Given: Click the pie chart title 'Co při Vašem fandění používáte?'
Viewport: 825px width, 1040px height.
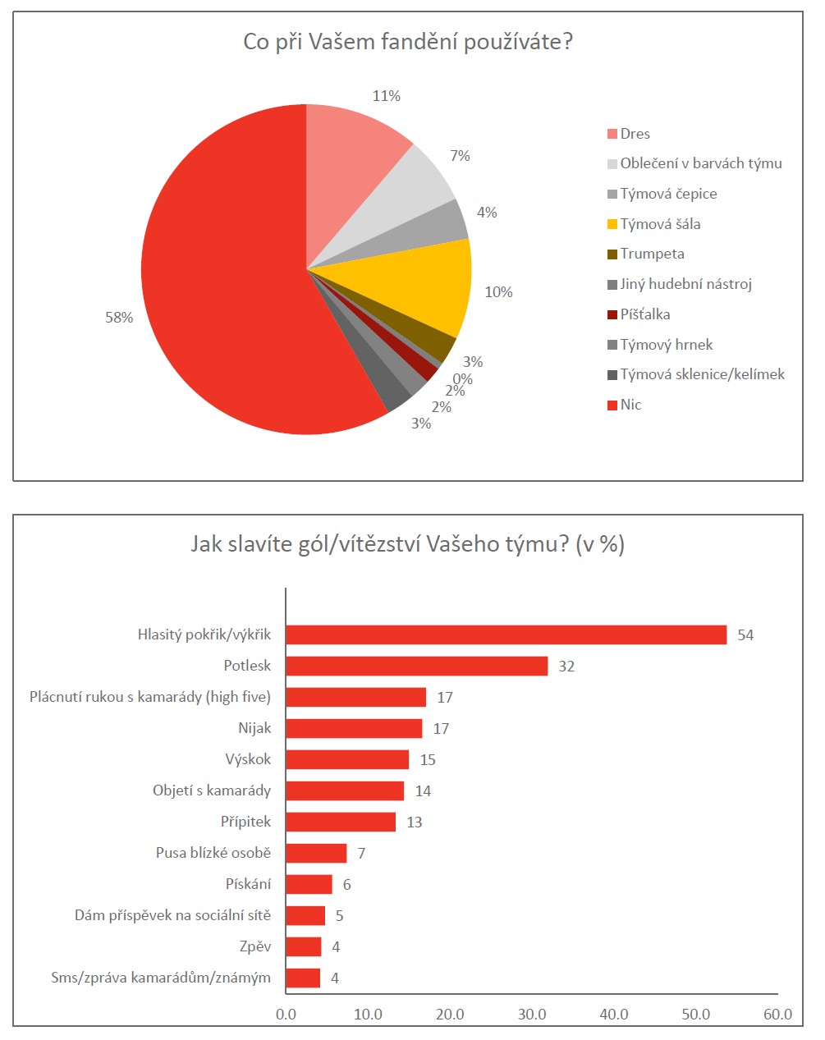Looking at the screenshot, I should point(407,42).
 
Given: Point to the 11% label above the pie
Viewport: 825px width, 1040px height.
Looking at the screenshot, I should point(387,96).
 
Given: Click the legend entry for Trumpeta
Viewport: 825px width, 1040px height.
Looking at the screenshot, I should point(652,254).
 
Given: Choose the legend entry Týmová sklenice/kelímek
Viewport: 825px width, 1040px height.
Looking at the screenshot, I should point(702,374).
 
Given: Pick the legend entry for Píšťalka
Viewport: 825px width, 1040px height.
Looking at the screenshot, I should point(644,314).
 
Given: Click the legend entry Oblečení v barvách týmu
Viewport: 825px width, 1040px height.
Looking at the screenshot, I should point(700,163).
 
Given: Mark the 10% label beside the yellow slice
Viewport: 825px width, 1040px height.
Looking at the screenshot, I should point(498,292).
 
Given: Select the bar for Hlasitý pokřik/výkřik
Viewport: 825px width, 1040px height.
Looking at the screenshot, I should point(506,635).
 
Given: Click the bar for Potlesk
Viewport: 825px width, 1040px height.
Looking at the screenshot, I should point(416,666).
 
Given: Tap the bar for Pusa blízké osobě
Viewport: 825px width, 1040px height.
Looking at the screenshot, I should point(316,853).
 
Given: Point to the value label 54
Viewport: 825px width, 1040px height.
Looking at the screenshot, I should point(745,635).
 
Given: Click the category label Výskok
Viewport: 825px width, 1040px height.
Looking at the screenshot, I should point(248,759).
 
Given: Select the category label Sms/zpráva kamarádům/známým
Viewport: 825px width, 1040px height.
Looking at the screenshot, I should point(161,978).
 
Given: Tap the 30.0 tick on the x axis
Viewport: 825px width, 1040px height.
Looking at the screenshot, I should point(532,1015).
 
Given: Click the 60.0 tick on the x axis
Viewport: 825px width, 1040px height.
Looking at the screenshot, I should point(777,1015).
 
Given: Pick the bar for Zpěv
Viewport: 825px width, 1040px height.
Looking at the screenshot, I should point(304,946).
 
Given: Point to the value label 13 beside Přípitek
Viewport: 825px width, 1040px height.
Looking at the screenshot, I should point(415,822).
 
